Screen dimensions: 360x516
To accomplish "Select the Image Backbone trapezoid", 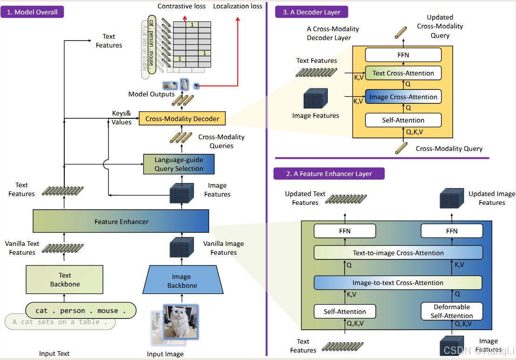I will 182,281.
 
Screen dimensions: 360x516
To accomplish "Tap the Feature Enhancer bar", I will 121,221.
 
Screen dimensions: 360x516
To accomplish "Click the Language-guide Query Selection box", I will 179,164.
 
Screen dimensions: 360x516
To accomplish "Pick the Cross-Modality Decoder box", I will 182,119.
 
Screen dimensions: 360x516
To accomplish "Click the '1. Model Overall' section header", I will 33,12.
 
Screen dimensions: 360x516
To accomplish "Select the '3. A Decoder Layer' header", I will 311,12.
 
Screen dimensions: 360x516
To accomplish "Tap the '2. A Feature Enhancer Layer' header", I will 329,174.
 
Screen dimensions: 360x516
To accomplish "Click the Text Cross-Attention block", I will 403,73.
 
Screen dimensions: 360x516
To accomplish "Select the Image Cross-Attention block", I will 403,97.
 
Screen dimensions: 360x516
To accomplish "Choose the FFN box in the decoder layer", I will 403,55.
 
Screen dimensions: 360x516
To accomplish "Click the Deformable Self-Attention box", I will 452,311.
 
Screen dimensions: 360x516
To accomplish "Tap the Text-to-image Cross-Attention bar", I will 398,253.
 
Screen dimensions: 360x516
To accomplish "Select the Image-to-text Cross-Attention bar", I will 398,283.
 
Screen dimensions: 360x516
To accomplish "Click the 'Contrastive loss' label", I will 182,6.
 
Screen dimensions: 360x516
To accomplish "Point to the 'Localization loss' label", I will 238,6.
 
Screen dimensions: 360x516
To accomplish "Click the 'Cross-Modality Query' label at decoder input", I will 449,149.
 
